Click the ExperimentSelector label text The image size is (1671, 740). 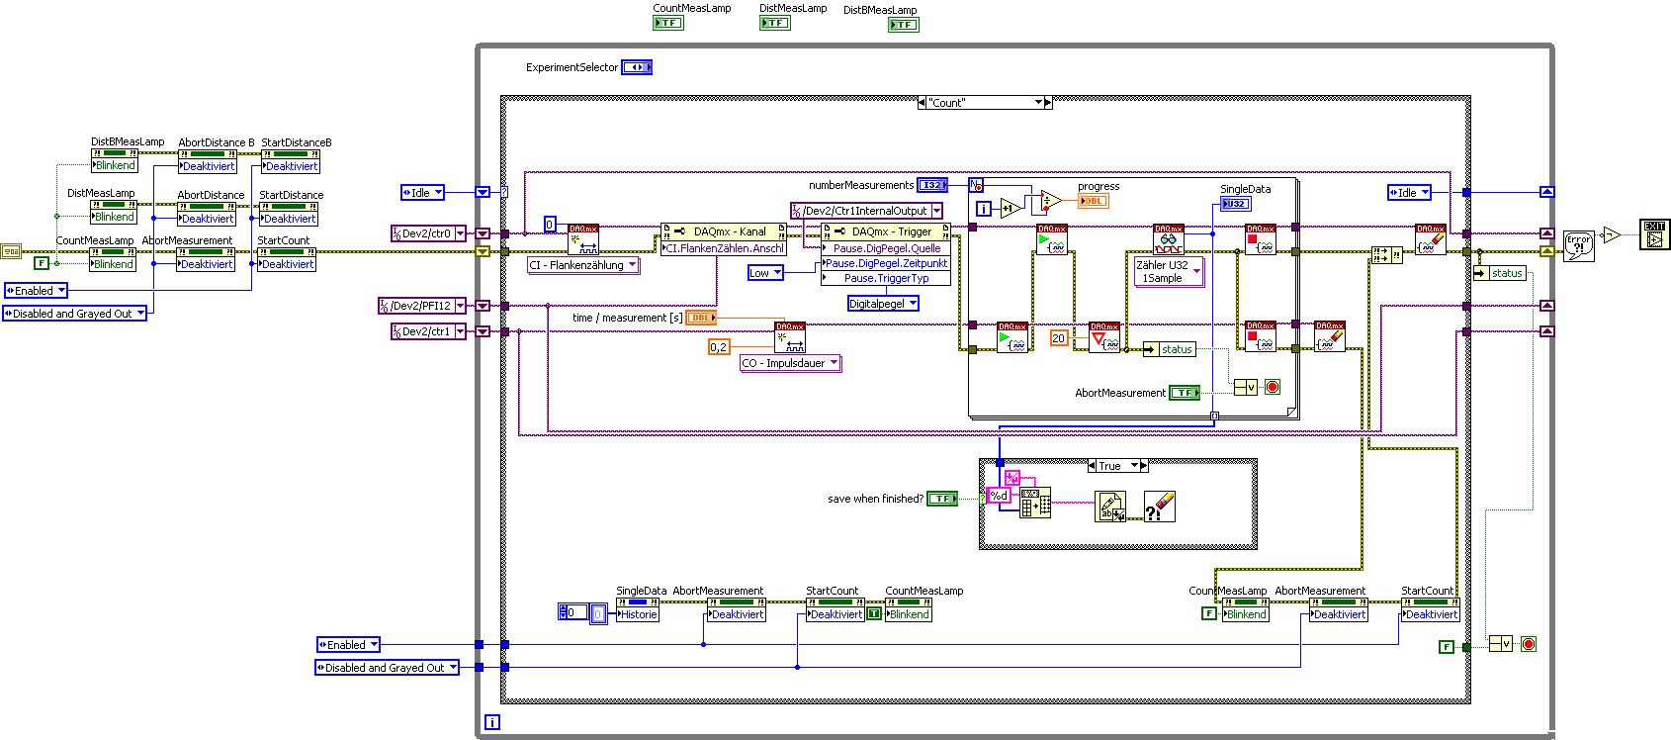[572, 67]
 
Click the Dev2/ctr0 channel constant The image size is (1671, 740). [426, 233]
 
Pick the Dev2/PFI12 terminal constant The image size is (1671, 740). [420, 306]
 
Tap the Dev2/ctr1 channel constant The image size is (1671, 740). [426, 331]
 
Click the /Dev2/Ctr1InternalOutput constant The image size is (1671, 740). [865, 211]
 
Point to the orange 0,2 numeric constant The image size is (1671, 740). [719, 347]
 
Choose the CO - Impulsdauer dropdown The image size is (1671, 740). [790, 363]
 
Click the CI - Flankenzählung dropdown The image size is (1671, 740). [582, 265]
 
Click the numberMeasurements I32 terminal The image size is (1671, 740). [932, 185]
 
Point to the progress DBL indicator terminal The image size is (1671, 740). [1093, 201]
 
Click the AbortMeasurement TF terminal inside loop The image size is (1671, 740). [1185, 393]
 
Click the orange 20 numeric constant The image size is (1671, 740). [1059, 338]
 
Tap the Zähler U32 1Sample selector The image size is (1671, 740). [1169, 272]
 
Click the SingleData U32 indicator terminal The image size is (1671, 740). [1235, 204]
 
